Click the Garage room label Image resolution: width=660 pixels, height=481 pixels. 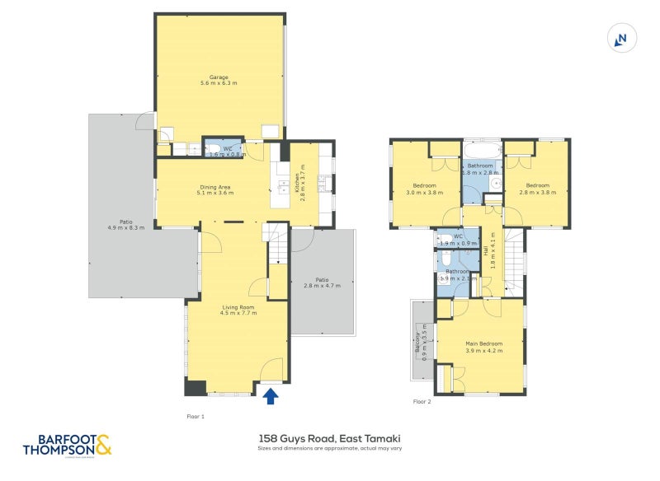(219, 80)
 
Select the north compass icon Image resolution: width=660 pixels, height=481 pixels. (622, 38)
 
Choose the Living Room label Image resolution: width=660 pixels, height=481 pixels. (238, 310)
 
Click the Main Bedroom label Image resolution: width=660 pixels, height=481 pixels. (483, 347)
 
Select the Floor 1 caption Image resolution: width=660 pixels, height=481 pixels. (196, 417)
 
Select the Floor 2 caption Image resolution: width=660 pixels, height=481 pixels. (422, 402)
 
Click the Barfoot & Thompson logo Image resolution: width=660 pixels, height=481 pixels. (66, 445)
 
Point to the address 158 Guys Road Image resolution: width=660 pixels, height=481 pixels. (330, 441)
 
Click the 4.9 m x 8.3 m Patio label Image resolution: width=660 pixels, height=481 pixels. (125, 224)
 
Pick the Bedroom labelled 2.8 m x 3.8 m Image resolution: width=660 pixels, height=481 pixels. (537, 189)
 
